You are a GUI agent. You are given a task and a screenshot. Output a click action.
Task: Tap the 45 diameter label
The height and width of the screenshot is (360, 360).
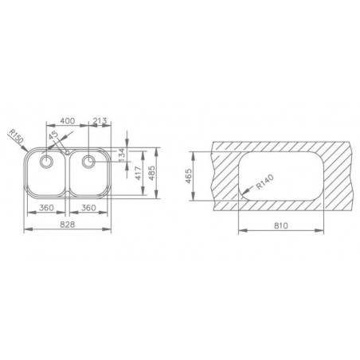(x=53, y=136)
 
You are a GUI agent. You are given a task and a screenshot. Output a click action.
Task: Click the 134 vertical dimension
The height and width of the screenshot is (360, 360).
(x=121, y=154)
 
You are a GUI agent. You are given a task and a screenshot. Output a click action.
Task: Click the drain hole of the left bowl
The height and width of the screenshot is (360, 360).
(x=47, y=162)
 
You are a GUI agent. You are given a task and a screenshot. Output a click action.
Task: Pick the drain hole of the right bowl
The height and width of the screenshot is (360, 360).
(x=88, y=162)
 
